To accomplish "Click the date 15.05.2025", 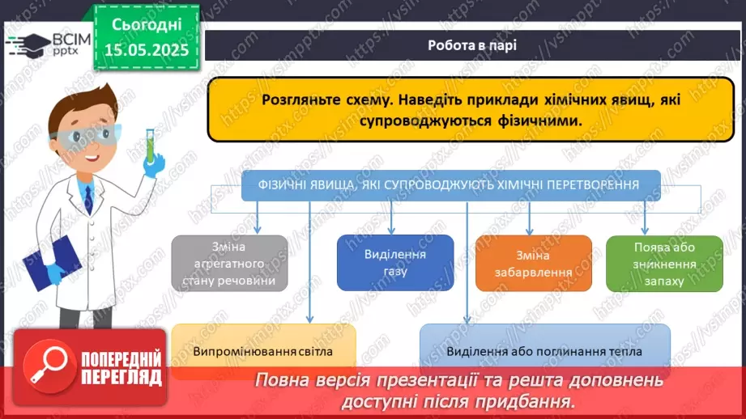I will [146, 50].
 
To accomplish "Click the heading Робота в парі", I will [472, 45].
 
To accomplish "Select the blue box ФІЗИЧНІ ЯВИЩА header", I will [451, 185].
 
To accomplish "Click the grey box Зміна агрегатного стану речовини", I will [230, 264].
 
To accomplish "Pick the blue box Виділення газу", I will [394, 263].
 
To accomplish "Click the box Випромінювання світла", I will [263, 351].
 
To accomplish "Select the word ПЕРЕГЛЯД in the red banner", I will [121, 376].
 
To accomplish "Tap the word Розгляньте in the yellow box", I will [297, 101].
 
